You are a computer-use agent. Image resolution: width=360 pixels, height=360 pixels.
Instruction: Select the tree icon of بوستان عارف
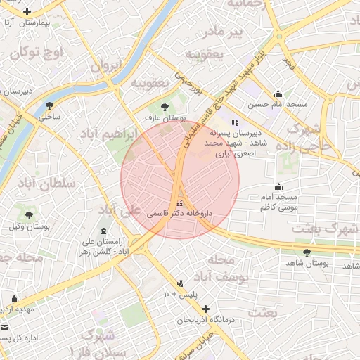click(165, 106)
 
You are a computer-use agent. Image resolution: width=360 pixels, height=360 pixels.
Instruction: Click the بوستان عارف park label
click(165, 118)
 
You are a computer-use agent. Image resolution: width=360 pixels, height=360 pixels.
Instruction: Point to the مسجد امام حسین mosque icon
click(278, 94)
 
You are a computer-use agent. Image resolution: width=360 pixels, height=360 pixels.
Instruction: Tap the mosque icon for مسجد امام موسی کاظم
click(279, 187)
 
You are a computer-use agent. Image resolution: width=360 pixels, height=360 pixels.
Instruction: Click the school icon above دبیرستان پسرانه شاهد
click(235, 122)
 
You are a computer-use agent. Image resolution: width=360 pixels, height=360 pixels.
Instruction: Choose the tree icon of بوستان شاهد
click(307, 252)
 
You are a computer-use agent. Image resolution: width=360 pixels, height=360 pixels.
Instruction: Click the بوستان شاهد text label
click(308, 263)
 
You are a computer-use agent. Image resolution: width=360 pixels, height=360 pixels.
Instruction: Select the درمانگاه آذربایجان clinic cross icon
click(205, 309)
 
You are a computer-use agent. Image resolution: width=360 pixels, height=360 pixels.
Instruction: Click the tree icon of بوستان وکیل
click(29, 215)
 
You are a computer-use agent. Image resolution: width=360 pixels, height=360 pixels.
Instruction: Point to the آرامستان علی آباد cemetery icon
click(105, 231)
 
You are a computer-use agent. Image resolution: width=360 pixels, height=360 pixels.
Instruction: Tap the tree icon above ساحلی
click(49, 105)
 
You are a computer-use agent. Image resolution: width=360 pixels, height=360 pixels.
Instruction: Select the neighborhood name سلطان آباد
click(50, 184)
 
